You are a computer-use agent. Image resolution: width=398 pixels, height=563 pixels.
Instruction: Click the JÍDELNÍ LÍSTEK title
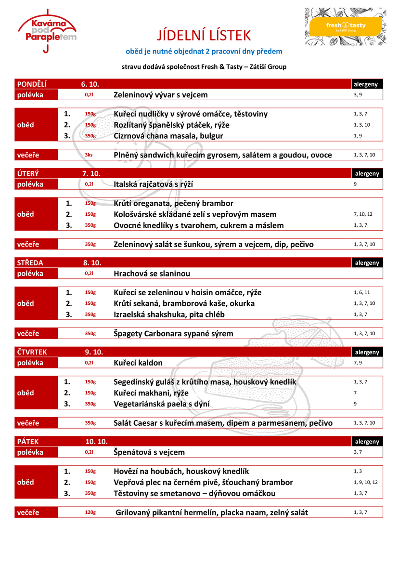204,35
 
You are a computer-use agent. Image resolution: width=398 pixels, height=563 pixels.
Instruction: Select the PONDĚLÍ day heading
32,84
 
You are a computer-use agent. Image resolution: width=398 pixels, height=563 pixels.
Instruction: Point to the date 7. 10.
90,173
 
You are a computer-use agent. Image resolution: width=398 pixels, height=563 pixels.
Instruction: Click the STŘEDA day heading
30,262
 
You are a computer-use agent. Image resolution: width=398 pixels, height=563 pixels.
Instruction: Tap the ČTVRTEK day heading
32,352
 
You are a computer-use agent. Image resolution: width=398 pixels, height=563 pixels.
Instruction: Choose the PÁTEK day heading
28,441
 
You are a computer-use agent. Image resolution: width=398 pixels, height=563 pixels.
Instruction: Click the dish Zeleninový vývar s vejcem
161,95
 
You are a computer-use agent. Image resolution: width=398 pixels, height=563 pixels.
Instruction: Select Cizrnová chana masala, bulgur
168,136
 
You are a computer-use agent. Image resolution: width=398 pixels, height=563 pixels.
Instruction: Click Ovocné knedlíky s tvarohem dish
199,225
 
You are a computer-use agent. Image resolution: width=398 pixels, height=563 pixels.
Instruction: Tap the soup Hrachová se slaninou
152,274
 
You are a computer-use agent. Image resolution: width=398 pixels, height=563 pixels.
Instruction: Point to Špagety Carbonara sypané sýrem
173,333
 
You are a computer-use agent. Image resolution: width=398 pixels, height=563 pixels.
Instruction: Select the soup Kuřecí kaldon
138,363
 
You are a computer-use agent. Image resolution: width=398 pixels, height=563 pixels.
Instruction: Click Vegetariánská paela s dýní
162,404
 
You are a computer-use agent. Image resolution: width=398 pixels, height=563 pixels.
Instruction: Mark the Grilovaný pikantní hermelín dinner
212,512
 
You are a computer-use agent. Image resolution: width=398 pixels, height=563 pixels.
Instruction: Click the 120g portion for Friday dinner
90,512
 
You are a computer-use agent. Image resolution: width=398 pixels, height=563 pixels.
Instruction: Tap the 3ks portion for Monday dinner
89,155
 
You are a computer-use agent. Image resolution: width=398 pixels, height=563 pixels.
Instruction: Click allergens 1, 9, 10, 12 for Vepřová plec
366,482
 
